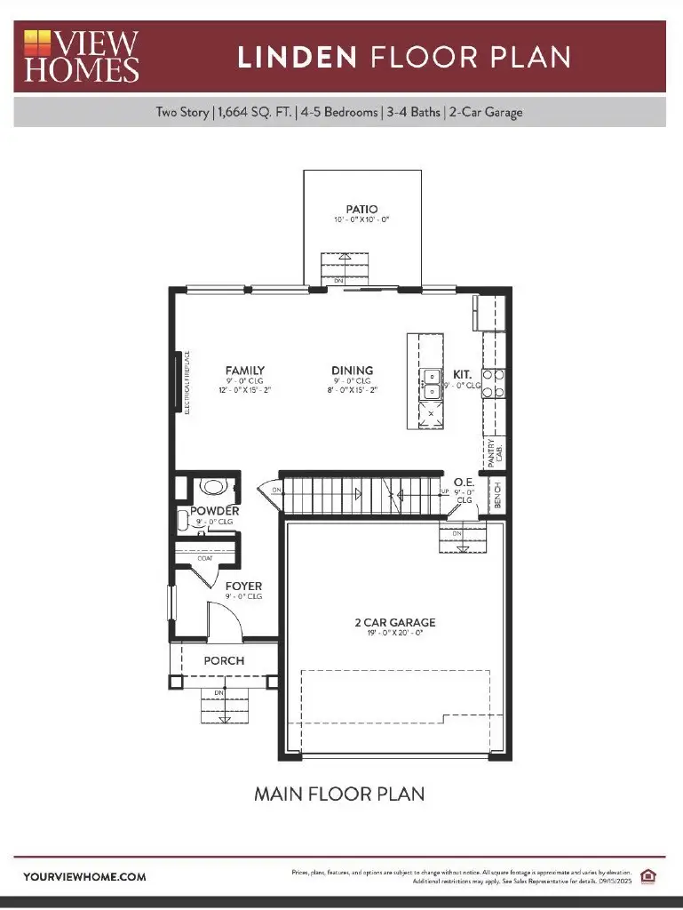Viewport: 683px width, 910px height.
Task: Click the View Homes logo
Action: tap(81, 56)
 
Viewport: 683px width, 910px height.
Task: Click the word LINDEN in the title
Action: tap(297, 58)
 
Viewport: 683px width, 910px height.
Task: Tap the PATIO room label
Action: tap(361, 210)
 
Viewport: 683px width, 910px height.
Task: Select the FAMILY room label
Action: tap(245, 371)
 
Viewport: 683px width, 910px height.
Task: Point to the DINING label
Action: tap(353, 371)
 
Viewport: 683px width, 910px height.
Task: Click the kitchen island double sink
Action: tap(431, 384)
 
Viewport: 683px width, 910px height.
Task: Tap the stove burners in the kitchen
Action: tap(494, 382)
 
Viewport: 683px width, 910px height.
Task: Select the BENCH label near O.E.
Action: tap(498, 495)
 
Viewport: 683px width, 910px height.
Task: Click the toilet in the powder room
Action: tap(213, 486)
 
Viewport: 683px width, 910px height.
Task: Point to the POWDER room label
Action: tap(215, 511)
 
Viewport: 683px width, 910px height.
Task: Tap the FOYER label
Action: tap(243, 587)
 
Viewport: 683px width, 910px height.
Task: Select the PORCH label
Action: tap(224, 660)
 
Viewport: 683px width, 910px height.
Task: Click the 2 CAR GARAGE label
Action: tap(395, 623)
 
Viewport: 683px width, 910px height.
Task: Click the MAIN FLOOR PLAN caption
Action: tap(339, 793)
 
